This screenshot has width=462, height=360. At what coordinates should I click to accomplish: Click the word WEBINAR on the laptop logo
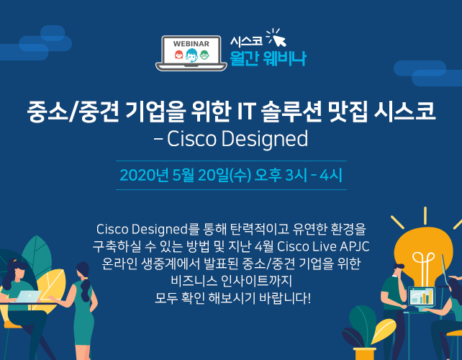pyautogui.click(x=191, y=41)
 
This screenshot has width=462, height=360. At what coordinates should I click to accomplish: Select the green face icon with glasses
pyautogui.click(x=204, y=55)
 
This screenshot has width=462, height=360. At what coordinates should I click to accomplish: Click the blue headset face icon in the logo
pyautogui.click(x=191, y=55)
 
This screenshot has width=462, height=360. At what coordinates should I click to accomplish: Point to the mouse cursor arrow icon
pyautogui.click(x=277, y=38)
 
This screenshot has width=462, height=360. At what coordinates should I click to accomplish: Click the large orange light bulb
pyautogui.click(x=425, y=248)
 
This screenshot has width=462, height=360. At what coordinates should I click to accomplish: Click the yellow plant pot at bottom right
pyautogui.click(x=365, y=353)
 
